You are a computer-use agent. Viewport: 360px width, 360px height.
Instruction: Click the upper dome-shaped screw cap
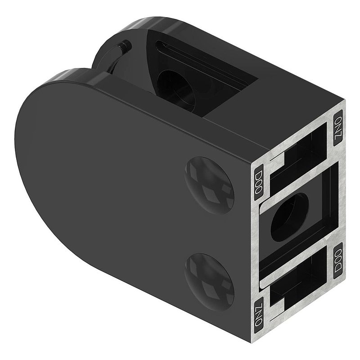tap(209, 185)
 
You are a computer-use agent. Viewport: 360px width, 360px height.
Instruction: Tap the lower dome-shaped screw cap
tap(209, 282)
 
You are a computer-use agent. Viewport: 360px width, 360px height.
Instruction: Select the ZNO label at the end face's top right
tap(338, 127)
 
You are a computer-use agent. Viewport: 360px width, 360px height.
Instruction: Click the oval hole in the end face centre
tap(290, 217)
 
